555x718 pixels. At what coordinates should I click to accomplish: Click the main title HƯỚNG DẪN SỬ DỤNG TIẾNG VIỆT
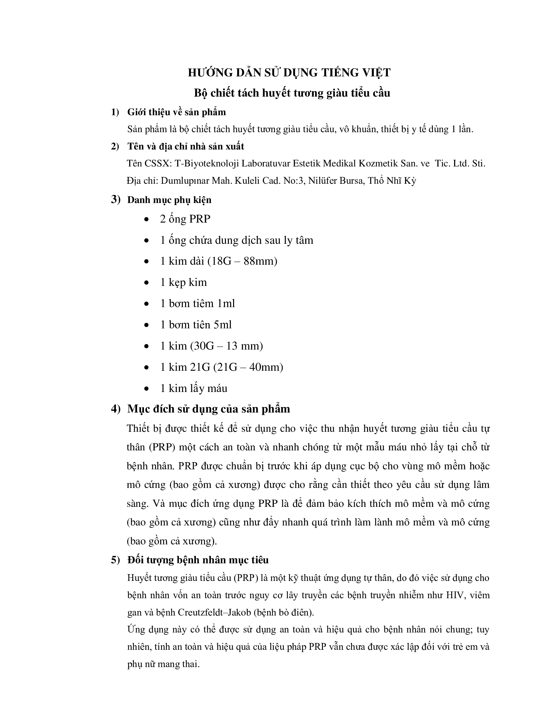pyautogui.click(x=289, y=73)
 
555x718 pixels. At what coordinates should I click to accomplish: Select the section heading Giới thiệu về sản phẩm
pyautogui.click(x=177, y=113)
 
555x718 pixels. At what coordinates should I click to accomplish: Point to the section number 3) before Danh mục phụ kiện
pyautogui.click(x=116, y=199)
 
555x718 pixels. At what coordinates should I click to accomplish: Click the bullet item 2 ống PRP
pyautogui.click(x=185, y=219)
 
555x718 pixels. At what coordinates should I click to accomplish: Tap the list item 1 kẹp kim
pyautogui.click(x=183, y=282)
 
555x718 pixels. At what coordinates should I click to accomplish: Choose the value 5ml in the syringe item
pyautogui.click(x=223, y=325)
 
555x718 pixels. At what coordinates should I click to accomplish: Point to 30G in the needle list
pyautogui.click(x=205, y=346)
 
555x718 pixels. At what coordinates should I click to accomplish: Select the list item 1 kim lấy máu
pyautogui.click(x=194, y=389)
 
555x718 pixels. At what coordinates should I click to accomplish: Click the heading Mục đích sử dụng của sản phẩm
pyautogui.click(x=209, y=409)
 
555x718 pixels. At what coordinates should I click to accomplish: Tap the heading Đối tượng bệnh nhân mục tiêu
pyautogui.click(x=198, y=560)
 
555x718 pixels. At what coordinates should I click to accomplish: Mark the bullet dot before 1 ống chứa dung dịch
pyautogui.click(x=147, y=241)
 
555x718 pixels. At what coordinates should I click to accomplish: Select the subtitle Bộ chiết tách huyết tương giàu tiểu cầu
pyautogui.click(x=292, y=93)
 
